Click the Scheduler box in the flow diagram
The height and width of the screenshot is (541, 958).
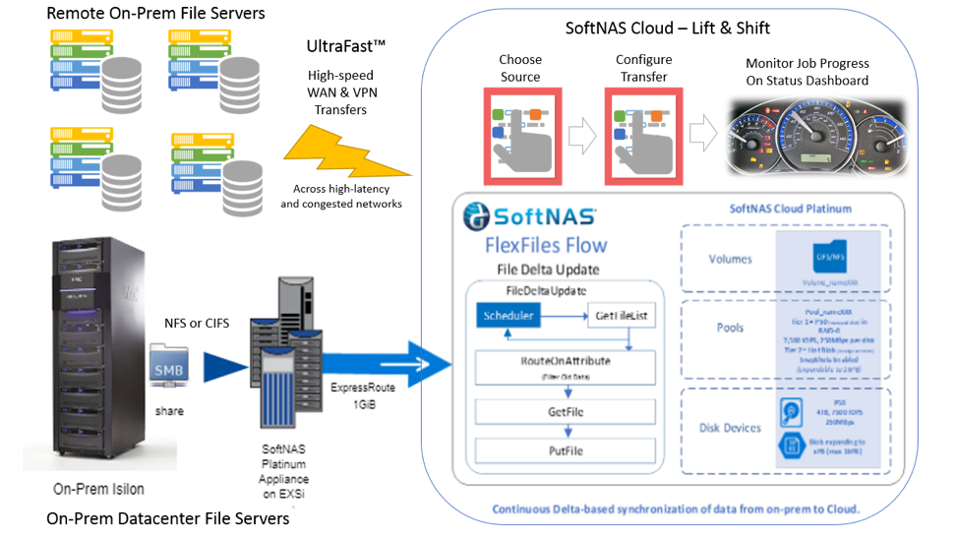pos(509,316)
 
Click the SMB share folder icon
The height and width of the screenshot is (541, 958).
pos(169,365)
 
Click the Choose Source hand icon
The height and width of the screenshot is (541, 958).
pos(520,137)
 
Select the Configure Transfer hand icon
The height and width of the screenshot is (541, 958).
pos(642,137)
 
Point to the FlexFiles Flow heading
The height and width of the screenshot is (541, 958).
pos(546,244)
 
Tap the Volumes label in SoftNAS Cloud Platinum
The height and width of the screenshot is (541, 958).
pos(731,260)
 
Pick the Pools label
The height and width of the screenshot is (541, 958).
pos(731,328)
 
